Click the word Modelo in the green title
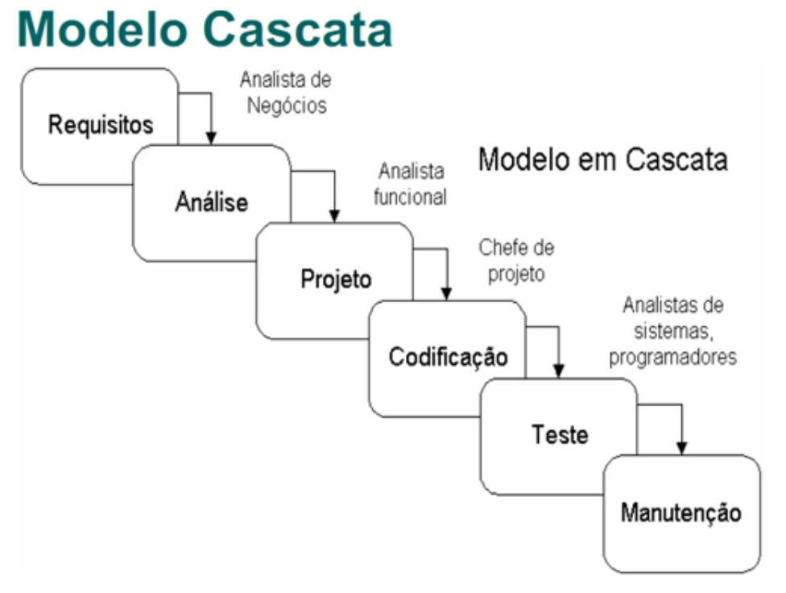tap(96, 30)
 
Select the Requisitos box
tap(100, 125)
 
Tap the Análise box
tap(212, 202)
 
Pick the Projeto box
tap(336, 280)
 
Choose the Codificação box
tap(448, 357)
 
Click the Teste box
tap(560, 435)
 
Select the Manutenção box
tap(681, 512)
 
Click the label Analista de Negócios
tap(285, 93)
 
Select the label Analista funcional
tap(411, 185)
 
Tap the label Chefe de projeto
tap(516, 260)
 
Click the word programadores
tap(672, 356)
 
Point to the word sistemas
tap(672, 332)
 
